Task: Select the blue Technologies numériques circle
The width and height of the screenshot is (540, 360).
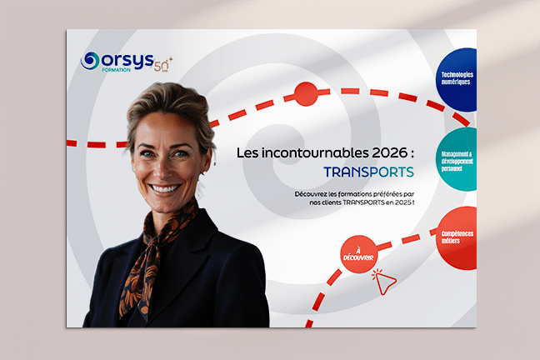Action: click(x=457, y=78)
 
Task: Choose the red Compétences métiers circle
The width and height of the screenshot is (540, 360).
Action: click(x=457, y=237)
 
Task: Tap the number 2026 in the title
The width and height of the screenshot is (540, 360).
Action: click(x=382, y=153)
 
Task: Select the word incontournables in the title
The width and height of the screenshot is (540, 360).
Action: click(x=302, y=153)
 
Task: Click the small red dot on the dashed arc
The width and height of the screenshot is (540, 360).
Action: click(x=306, y=93)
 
